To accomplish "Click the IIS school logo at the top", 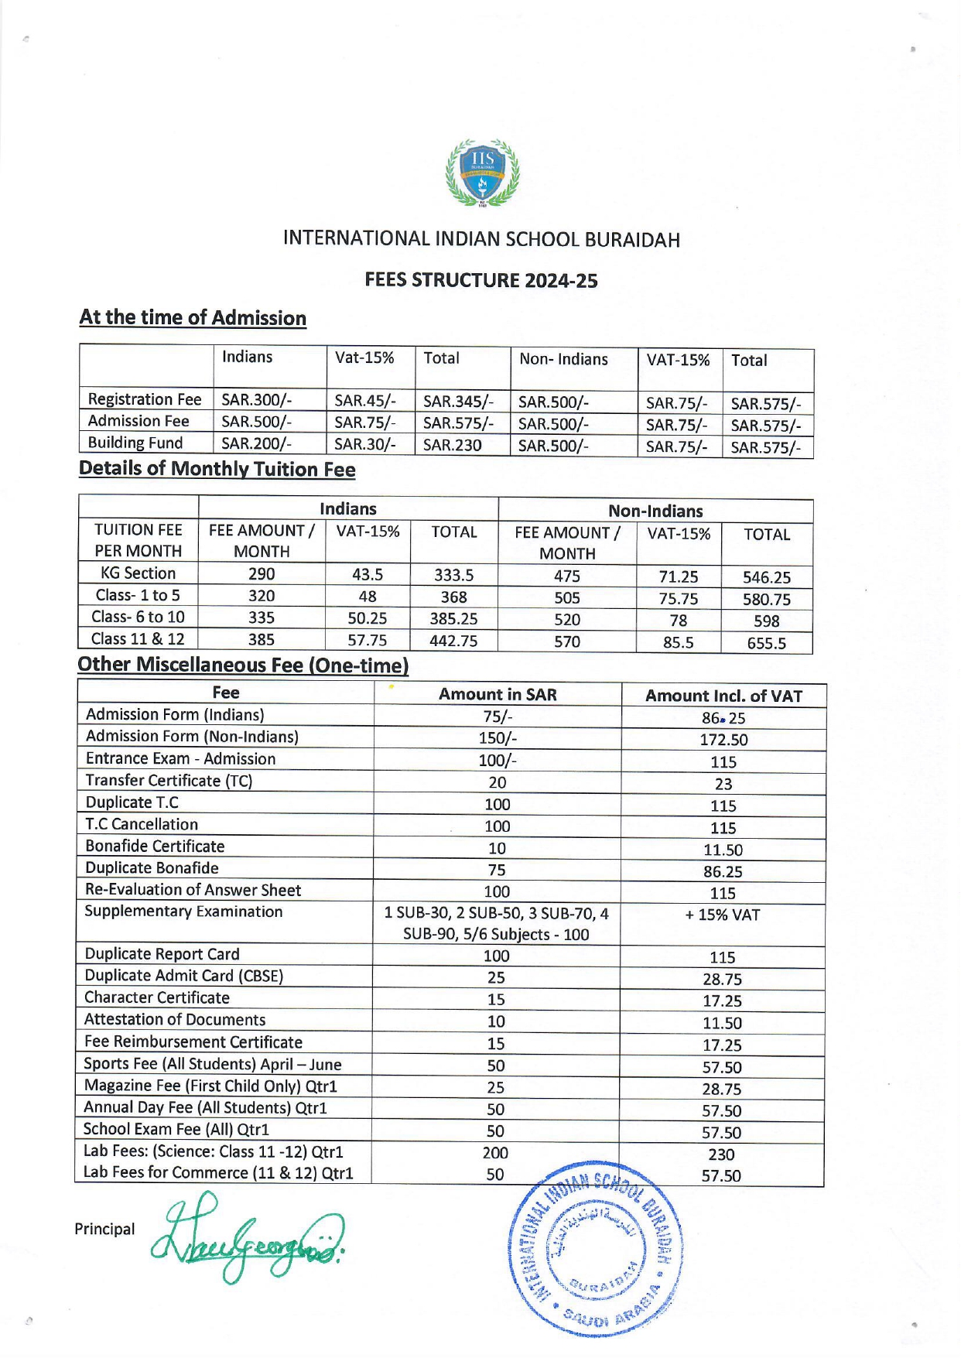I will [x=482, y=173].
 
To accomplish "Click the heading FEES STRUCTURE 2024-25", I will [x=480, y=280].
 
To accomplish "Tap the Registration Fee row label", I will [x=145, y=399].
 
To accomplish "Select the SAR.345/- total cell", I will [x=457, y=402].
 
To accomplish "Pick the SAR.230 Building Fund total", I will [x=452, y=445].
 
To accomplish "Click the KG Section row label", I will [x=139, y=573].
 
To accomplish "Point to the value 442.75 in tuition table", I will [x=453, y=641].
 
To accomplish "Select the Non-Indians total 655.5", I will [x=766, y=643].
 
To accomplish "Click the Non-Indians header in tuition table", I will [x=655, y=511].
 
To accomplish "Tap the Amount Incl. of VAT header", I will [x=723, y=696].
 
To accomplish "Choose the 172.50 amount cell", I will [x=723, y=740].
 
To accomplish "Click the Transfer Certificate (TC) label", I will [x=169, y=780].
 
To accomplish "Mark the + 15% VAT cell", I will [x=723, y=915].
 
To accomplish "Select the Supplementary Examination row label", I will [x=183, y=912].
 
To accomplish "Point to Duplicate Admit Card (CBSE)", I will [x=183, y=976].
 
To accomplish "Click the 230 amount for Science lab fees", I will [x=721, y=1154].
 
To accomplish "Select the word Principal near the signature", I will [x=104, y=1230].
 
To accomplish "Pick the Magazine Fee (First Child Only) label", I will [x=210, y=1086].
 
